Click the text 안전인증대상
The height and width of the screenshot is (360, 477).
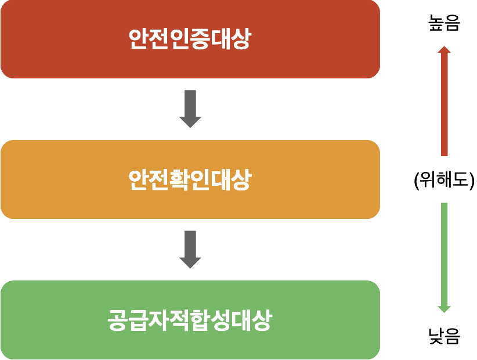coord(190,39)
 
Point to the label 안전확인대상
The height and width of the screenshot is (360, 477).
coord(190,179)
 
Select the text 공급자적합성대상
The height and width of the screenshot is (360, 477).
coord(190,321)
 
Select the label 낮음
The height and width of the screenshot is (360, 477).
coord(444,335)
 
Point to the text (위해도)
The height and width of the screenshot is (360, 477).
coord(444,181)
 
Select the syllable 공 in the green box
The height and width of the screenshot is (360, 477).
coord(118,321)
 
